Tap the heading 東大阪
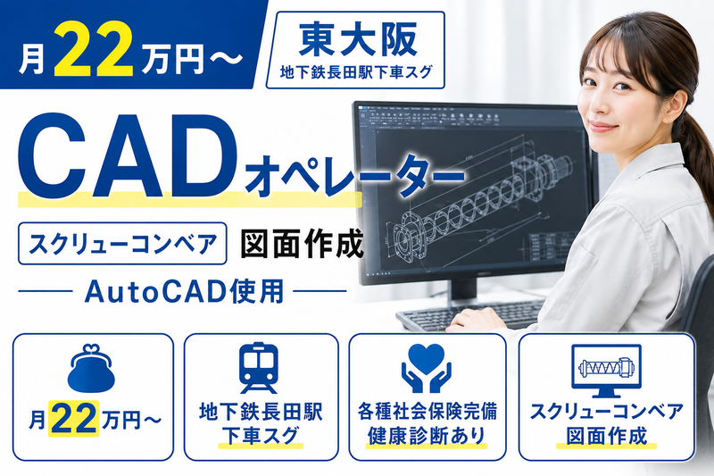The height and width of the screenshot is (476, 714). [356, 40]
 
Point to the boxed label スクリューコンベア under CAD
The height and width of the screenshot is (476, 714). [122, 243]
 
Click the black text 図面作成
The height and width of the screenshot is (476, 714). [302, 243]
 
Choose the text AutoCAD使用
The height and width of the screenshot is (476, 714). [184, 291]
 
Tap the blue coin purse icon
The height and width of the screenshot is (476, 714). [92, 369]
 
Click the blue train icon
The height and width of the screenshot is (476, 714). [258, 368]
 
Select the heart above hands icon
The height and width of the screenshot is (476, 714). [426, 368]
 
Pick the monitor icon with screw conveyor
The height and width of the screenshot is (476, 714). [606, 371]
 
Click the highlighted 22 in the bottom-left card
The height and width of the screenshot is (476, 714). [74, 419]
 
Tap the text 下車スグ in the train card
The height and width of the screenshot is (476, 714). [260, 436]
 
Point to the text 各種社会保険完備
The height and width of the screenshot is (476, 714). [427, 412]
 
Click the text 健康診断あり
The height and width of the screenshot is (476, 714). [427, 436]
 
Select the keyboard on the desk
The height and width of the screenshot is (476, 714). [469, 314]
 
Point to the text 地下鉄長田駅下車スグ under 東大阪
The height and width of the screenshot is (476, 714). [356, 72]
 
